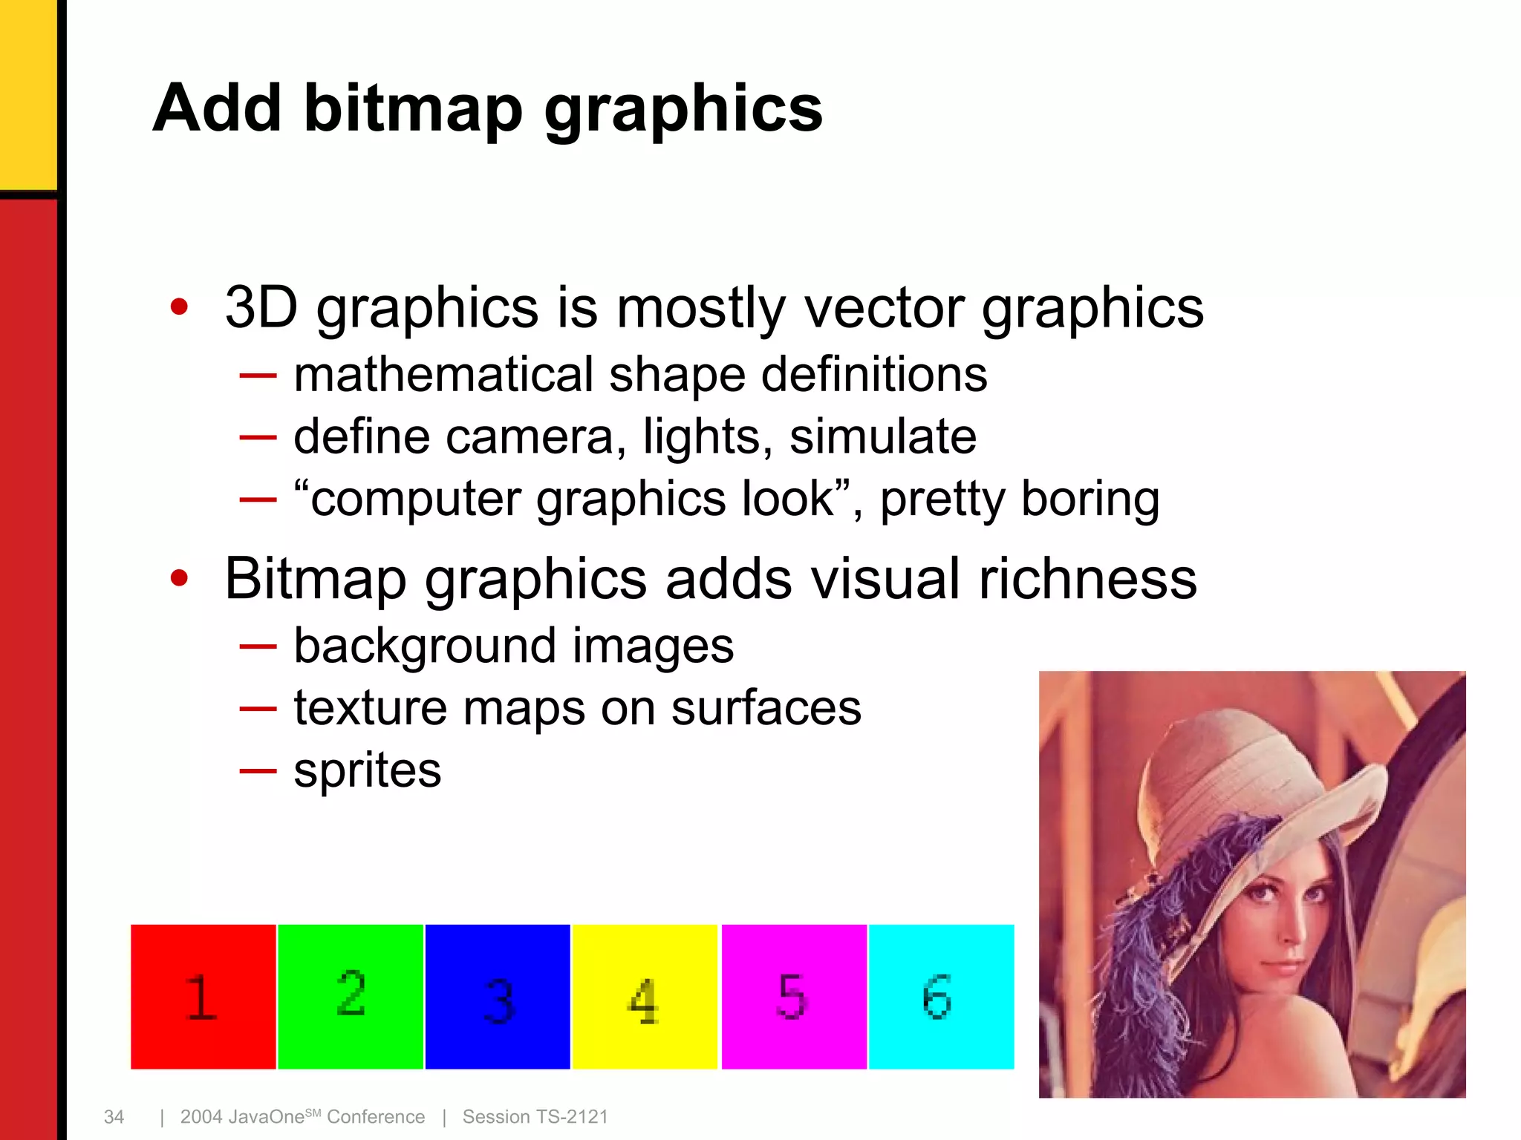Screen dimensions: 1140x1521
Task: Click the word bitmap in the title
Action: click(413, 109)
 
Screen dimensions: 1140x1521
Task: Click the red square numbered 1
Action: click(203, 997)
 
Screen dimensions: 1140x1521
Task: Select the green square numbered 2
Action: click(350, 997)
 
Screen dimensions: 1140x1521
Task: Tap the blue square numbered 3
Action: click(498, 997)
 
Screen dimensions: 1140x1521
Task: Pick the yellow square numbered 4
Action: click(645, 997)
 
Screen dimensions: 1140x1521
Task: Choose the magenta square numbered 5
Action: click(794, 997)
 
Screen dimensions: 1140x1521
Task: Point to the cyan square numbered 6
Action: click(941, 997)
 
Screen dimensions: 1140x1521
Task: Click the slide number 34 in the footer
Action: click(114, 1117)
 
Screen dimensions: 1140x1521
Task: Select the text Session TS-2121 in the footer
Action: click(535, 1117)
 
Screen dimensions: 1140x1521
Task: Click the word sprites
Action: click(367, 770)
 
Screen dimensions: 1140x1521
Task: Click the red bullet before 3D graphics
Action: click(179, 307)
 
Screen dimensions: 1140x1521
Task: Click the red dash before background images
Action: click(258, 646)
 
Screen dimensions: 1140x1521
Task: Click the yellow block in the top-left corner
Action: click(27, 93)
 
